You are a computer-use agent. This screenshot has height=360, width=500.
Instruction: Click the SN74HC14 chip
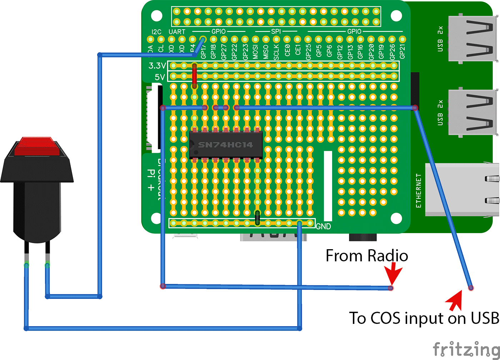pos(226,145)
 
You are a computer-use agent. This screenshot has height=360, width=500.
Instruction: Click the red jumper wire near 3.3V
pos(194,76)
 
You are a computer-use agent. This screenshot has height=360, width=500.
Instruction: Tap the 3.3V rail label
pos(157,66)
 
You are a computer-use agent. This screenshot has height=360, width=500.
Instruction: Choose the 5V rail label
pos(160,77)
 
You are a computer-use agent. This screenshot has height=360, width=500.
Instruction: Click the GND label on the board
pos(324,226)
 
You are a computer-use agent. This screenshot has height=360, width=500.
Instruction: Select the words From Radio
pos(367,256)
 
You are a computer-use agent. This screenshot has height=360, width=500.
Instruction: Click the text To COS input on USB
pos(424,318)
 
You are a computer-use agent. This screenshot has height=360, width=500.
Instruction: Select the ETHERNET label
pos(419,191)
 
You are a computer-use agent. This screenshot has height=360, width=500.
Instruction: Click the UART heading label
pos(177,32)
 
